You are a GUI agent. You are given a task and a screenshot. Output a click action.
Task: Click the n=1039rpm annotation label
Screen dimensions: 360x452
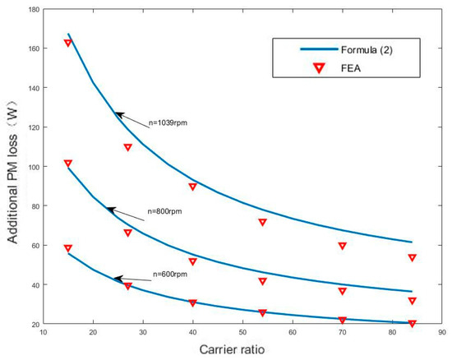point(169,124)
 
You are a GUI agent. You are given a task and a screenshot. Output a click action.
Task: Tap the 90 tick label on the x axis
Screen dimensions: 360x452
point(441,334)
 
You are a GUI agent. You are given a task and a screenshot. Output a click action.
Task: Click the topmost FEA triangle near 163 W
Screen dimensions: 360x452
point(68,43)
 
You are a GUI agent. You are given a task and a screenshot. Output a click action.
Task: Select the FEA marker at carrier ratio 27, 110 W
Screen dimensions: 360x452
point(127,147)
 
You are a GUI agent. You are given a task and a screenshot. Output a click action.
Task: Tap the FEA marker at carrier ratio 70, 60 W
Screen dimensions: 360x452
point(342,246)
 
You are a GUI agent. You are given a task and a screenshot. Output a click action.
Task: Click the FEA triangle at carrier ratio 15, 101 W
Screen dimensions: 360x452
point(68,164)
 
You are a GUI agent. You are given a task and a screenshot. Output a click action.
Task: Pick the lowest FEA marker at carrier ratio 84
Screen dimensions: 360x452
point(412,324)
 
